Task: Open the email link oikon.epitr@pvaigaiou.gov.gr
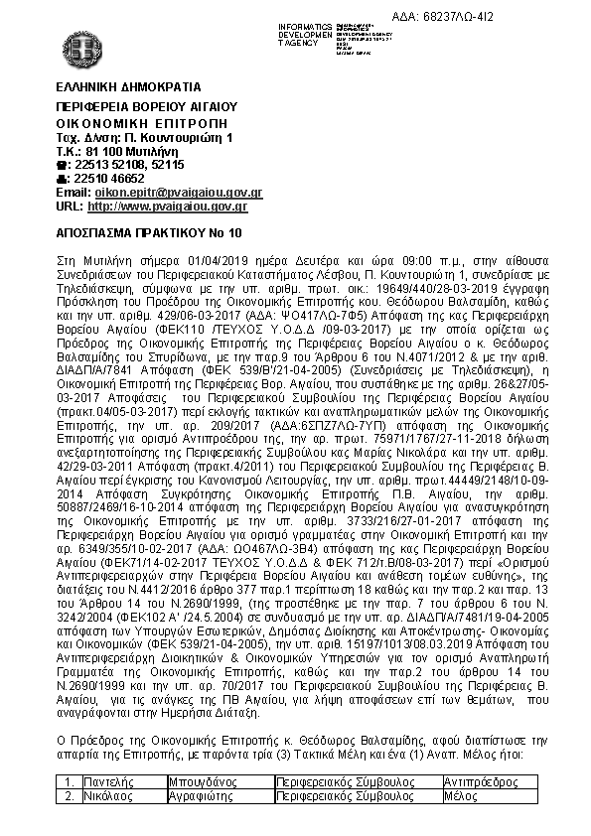point(178,191)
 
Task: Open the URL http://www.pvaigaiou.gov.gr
point(166,206)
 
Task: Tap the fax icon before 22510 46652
point(62,177)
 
